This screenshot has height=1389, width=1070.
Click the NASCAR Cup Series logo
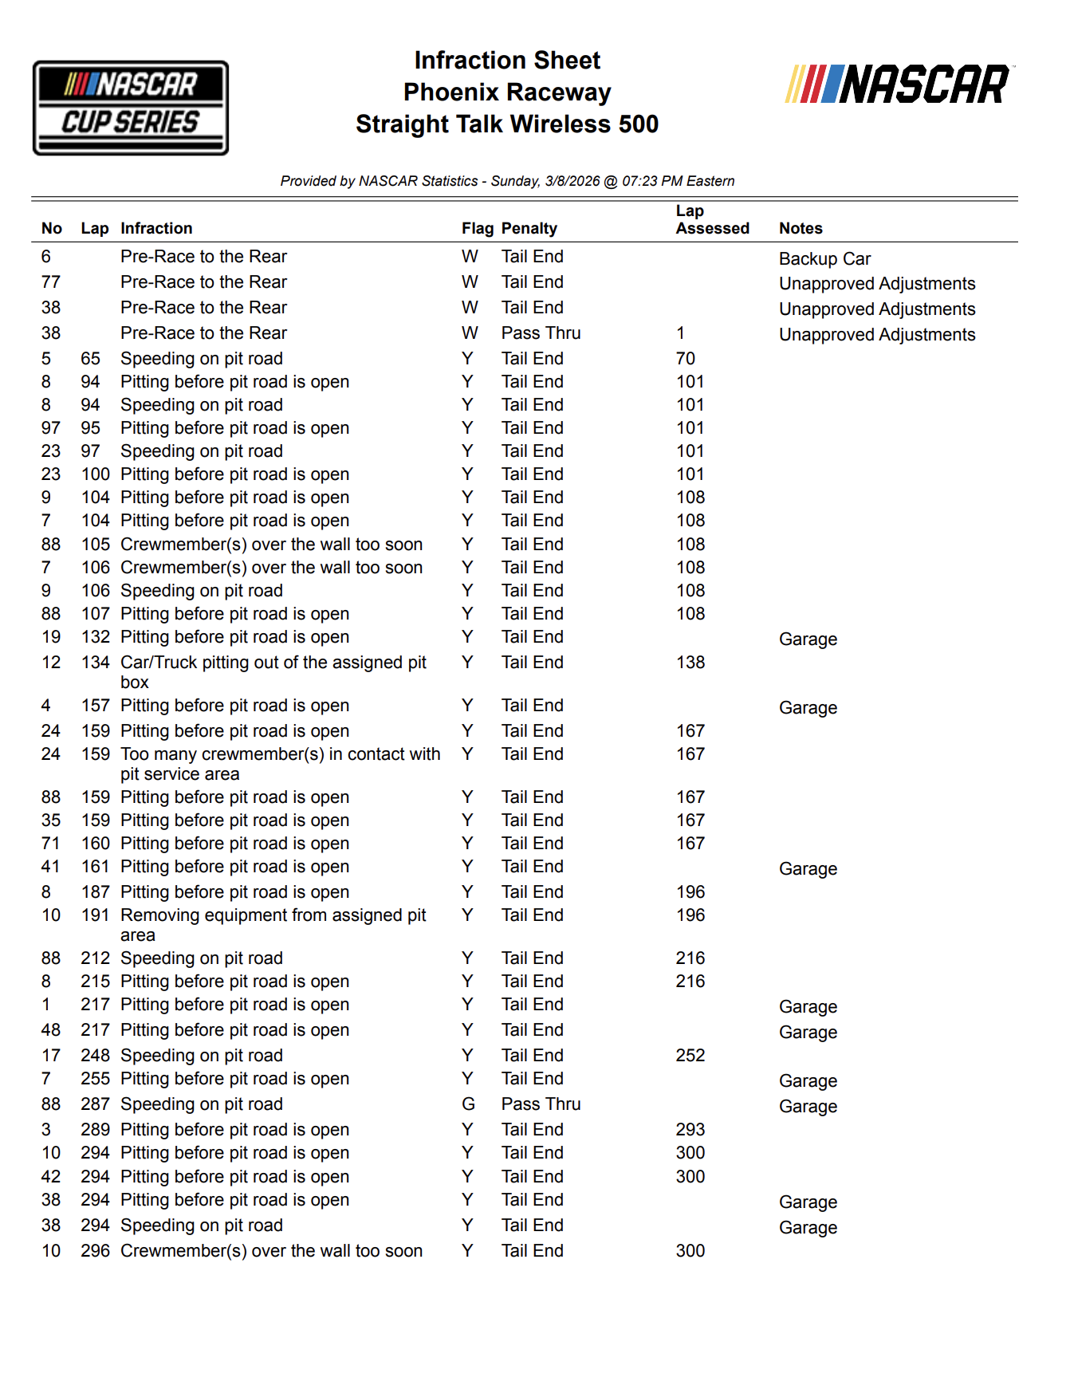click(x=131, y=108)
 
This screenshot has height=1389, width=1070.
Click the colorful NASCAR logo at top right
click(x=899, y=85)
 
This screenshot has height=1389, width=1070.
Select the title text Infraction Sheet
click(x=507, y=61)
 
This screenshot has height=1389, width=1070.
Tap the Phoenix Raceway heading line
click(x=507, y=92)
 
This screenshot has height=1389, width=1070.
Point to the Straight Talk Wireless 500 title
click(x=507, y=124)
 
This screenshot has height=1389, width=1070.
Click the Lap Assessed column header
click(x=712, y=219)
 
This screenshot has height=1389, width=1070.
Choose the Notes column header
click(x=801, y=228)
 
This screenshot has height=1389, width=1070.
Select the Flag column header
click(x=477, y=228)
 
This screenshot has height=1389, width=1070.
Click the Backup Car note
click(x=824, y=259)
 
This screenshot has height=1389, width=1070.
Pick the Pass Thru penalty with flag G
click(x=541, y=1104)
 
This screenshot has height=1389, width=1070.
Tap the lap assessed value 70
click(x=685, y=359)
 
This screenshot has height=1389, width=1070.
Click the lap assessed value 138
click(x=690, y=663)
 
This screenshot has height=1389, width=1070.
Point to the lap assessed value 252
click(x=690, y=1056)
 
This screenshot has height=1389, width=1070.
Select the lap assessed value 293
click(x=690, y=1130)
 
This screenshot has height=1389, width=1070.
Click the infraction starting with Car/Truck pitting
click(x=273, y=671)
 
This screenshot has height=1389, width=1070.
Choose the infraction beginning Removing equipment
click(x=273, y=924)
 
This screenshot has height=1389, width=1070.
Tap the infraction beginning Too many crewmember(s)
click(x=280, y=763)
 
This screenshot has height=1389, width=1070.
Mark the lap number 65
click(x=90, y=359)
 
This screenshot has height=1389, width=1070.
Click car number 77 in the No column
click(x=51, y=282)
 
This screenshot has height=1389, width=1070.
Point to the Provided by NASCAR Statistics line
click(x=507, y=181)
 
